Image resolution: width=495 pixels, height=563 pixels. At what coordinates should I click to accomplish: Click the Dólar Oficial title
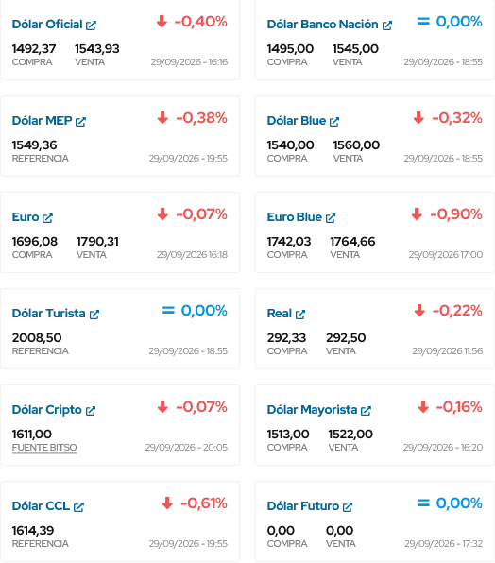point(47,25)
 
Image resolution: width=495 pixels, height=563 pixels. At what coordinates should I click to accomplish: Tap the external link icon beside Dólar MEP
point(80,122)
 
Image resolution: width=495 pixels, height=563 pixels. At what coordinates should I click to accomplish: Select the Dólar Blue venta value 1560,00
point(356,145)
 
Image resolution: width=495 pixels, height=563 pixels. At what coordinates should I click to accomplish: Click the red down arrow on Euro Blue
point(417,214)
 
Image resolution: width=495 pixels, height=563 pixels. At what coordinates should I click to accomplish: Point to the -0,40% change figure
point(200,22)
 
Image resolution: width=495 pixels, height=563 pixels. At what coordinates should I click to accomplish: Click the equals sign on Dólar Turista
point(168,310)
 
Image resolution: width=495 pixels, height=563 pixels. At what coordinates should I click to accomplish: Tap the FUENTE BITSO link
point(44,448)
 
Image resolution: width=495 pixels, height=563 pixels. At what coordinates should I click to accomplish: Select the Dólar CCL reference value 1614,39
point(33,530)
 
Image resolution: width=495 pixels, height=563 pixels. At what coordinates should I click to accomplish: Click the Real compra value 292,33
point(286,337)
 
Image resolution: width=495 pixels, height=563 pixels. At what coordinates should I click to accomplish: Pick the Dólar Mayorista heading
point(312,410)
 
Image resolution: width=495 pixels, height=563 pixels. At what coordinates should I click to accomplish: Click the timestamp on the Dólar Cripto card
point(186,448)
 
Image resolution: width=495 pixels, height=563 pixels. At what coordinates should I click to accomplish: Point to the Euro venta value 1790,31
point(97,241)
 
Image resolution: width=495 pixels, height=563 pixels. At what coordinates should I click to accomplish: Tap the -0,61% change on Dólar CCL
point(203,503)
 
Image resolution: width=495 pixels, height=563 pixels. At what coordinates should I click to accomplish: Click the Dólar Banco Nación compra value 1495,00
point(290,48)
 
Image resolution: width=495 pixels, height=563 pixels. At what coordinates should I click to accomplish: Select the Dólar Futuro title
point(303,506)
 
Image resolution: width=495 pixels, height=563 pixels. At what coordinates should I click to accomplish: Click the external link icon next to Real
point(300,315)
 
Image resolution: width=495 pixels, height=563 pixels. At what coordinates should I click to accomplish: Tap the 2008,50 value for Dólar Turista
point(37,337)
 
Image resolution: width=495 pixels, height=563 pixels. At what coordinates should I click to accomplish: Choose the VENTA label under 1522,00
point(343,448)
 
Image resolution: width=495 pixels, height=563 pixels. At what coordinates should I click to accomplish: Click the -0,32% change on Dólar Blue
point(457,118)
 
